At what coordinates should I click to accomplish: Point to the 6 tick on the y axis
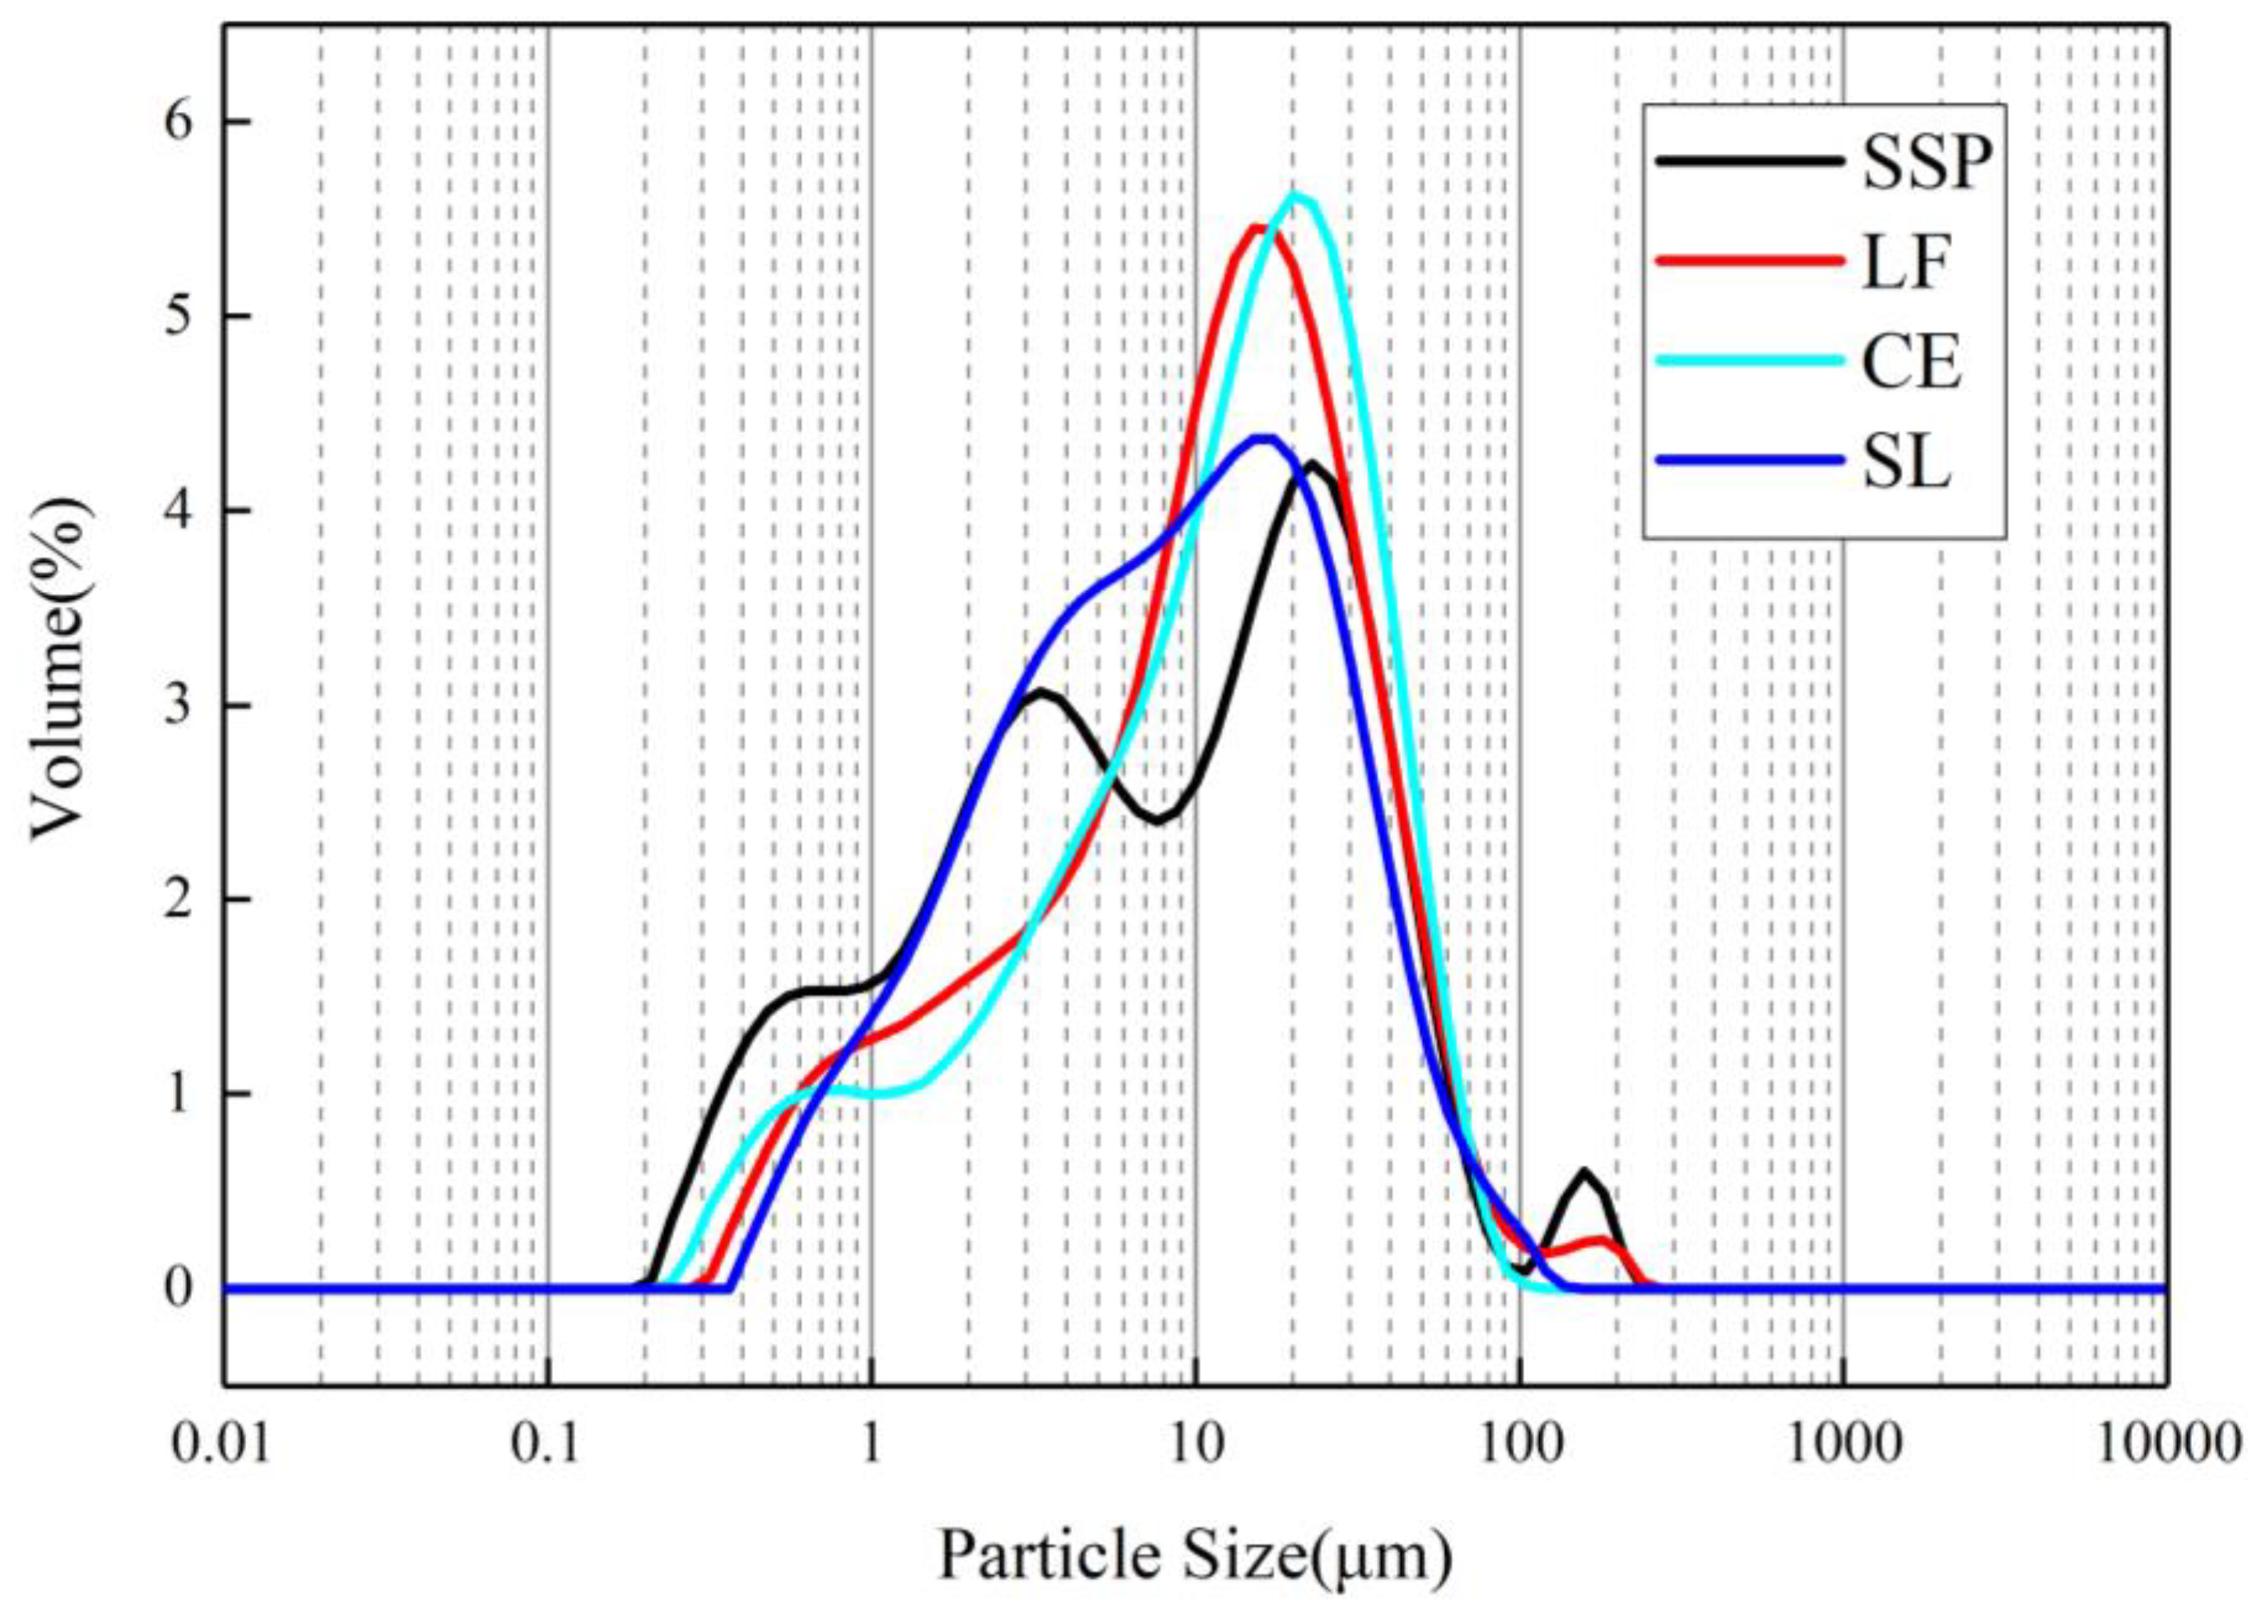[180, 122]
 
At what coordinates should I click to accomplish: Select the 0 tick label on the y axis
[180, 1288]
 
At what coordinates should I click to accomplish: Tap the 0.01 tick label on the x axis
[221, 1444]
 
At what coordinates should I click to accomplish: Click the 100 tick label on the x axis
[1519, 1444]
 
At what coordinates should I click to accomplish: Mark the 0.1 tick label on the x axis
[547, 1444]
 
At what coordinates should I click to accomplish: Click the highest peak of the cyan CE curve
[1296, 195]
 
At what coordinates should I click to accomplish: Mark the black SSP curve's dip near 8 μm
[1156, 821]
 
